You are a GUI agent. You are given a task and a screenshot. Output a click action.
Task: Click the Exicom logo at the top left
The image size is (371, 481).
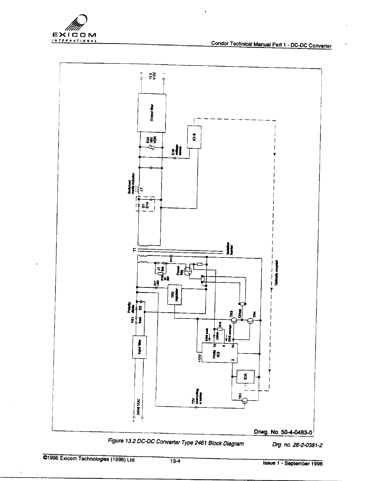coord(74,29)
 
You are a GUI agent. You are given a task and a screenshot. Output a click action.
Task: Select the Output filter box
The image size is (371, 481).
coord(152,113)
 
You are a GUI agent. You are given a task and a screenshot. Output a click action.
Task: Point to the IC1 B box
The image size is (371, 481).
coord(194,137)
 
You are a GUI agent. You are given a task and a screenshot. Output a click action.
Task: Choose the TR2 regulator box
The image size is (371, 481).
coord(174,295)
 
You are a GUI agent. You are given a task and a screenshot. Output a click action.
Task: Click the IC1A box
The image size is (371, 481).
coord(246,377)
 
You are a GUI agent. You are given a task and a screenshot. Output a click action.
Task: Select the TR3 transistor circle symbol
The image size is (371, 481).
coord(234,320)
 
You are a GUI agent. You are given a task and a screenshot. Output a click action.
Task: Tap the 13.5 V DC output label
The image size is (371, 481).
coord(152,76)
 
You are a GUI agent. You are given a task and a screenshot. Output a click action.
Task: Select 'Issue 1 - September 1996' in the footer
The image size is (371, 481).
coord(292,463)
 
